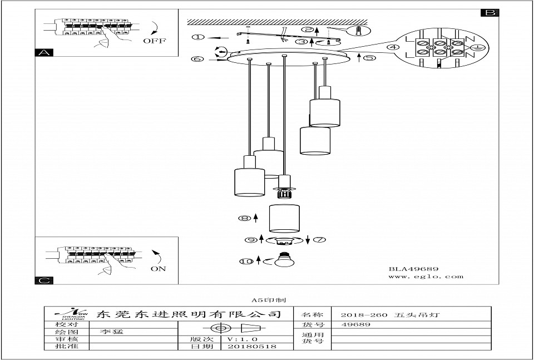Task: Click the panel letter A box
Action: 43,53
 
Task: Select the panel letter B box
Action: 490,12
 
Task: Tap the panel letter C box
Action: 43,280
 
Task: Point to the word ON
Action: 158,269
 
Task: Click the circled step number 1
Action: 197,37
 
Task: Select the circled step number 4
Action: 394,47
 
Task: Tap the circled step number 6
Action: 197,58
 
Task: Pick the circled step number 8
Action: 244,219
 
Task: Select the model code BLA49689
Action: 413,269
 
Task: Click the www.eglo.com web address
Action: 426,277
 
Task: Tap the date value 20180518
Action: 243,346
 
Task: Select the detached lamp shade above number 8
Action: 285,218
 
